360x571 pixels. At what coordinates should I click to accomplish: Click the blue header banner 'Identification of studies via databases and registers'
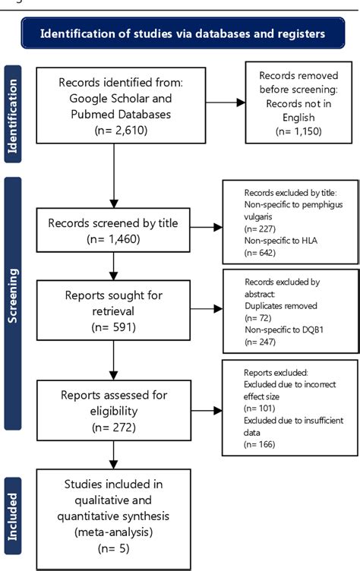tap(182, 33)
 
